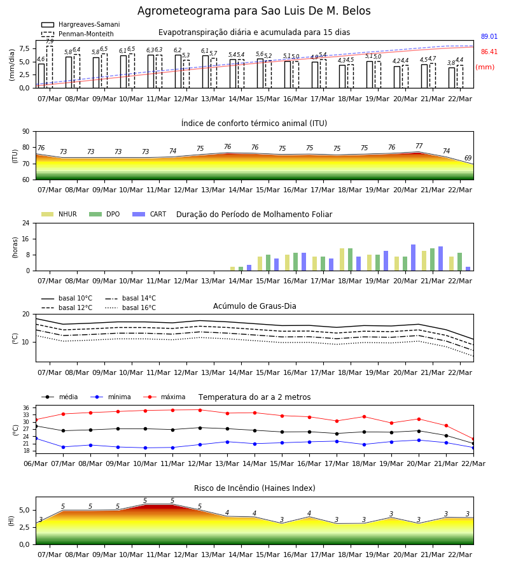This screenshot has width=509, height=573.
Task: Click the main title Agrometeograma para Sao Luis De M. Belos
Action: coord(254,11)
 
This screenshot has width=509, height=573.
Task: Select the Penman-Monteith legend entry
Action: coord(78,34)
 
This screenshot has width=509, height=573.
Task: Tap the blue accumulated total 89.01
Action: coord(489,36)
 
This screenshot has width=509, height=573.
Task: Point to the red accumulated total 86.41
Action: coord(489,52)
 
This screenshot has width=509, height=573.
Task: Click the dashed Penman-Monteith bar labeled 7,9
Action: coord(50,67)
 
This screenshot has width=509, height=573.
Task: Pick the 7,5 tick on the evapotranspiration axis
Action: coord(24,48)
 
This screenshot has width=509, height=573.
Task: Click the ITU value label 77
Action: coord(419,146)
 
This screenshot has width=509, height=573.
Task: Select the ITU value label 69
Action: coord(468,158)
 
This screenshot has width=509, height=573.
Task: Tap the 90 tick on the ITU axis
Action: coord(26,132)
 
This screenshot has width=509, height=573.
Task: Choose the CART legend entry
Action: coord(150,214)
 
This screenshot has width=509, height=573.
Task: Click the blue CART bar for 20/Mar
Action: coord(414,258)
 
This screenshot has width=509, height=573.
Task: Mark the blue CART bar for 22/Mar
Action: coord(468,269)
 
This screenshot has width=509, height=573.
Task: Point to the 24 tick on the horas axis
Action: coord(26,223)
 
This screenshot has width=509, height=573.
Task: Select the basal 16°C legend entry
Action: coord(130,308)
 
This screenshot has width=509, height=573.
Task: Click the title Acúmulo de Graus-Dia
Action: coord(254,306)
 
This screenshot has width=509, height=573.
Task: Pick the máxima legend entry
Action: coord(164,397)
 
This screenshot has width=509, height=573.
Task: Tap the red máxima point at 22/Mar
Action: coord(473,439)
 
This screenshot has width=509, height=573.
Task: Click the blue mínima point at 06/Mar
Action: coord(36,438)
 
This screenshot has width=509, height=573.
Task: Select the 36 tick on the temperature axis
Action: coord(26,408)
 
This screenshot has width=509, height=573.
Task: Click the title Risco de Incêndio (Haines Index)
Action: coord(254,488)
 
